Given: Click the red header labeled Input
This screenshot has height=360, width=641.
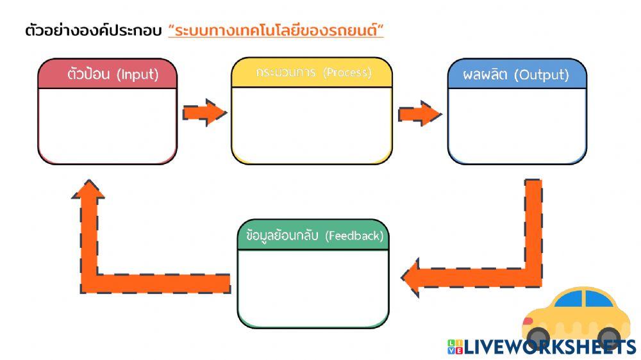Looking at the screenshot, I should click(x=107, y=74).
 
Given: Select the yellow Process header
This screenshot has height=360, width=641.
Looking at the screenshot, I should click(x=312, y=72).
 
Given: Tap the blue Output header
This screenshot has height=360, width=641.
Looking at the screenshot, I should click(x=517, y=74).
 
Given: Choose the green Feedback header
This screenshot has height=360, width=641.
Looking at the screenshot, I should click(x=313, y=236).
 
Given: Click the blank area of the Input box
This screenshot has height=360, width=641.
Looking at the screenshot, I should click(x=107, y=125).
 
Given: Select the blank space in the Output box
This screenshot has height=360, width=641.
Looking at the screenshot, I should click(x=517, y=125).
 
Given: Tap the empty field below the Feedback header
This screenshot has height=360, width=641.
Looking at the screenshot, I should click(x=313, y=287).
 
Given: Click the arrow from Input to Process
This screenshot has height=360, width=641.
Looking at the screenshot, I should click(x=204, y=113).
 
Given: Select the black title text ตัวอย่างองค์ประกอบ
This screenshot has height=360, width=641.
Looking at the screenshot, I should click(x=93, y=30).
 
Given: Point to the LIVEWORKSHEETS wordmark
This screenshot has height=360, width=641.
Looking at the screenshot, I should click(x=549, y=347).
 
